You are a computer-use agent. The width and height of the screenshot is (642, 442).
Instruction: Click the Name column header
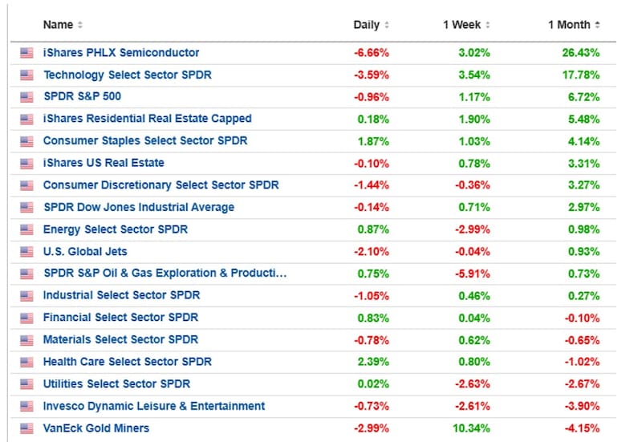click(58, 25)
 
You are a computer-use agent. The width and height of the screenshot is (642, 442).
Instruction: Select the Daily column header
click(367, 25)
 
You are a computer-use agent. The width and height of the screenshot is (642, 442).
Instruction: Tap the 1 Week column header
click(462, 25)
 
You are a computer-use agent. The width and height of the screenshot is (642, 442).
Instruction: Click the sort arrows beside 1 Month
click(597, 25)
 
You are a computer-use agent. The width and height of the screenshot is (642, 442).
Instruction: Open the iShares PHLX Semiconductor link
click(121, 53)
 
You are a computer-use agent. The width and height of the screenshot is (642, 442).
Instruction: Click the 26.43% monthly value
click(580, 53)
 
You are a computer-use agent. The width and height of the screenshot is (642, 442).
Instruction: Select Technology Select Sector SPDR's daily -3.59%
click(372, 75)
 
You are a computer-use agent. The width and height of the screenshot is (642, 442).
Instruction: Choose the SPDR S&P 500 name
click(83, 96)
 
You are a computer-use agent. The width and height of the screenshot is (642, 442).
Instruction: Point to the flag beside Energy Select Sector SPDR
click(26, 229)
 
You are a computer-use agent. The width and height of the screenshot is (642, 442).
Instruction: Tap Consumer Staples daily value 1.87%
click(373, 141)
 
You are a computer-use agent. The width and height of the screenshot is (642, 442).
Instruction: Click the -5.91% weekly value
click(473, 274)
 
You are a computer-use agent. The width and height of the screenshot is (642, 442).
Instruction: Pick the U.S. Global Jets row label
click(85, 252)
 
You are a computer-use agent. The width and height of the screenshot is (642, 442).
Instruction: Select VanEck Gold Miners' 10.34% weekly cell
click(471, 428)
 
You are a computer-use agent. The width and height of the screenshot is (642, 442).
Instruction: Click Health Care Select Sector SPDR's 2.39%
click(373, 363)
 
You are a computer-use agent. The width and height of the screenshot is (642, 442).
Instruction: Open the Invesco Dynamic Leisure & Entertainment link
click(154, 407)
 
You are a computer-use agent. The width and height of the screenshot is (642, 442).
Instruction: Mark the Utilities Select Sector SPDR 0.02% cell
click(373, 384)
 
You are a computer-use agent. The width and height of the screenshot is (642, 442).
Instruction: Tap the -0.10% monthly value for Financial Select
click(583, 318)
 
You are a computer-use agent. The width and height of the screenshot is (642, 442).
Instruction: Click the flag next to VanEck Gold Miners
click(26, 428)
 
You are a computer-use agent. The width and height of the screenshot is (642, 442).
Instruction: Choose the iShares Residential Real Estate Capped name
click(148, 119)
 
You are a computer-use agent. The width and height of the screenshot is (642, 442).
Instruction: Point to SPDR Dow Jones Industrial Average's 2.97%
click(584, 208)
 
